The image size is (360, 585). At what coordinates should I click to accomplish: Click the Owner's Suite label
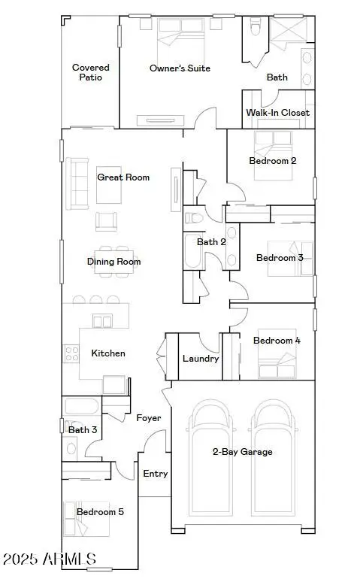pos(180,68)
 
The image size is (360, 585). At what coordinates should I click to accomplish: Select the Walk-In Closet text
pos(277,113)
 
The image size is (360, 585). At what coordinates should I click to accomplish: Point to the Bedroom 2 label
pos(273,160)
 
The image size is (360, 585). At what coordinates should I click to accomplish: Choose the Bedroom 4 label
pos(277,341)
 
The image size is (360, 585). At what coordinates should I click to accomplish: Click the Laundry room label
pos(201,358)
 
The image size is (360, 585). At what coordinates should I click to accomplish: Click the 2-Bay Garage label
pos(241,452)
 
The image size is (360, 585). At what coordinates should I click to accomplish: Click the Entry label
pos(156,474)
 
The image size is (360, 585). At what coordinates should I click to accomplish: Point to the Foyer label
pos(148,418)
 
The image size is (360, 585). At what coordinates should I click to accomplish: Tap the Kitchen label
pos(108,353)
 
